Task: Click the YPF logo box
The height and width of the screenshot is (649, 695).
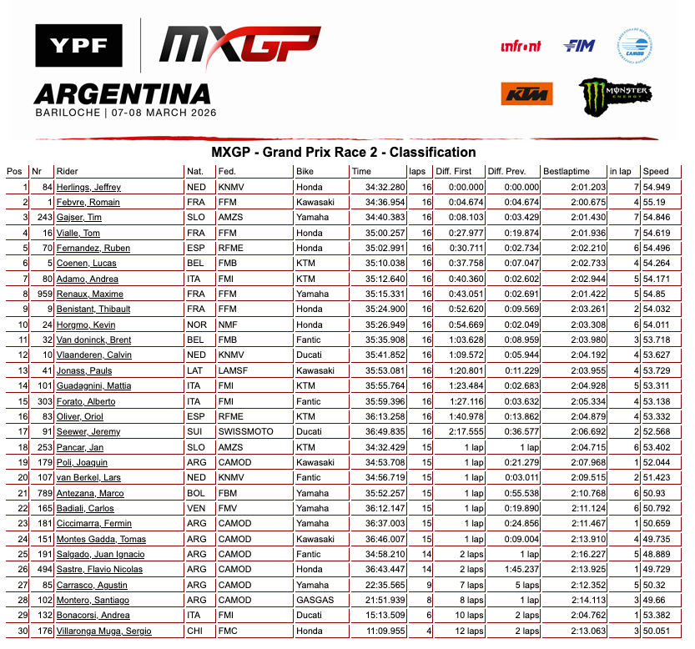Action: click(78, 47)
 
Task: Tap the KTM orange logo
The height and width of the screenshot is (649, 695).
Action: click(527, 93)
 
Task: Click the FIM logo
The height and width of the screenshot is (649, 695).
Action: click(580, 46)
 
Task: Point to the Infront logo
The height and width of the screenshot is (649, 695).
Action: click(521, 47)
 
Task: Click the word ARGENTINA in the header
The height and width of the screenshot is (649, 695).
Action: click(122, 92)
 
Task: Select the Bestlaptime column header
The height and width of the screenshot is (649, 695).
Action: click(568, 171)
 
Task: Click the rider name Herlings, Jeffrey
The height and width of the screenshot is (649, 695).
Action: click(88, 187)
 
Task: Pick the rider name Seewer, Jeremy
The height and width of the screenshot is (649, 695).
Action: click(88, 431)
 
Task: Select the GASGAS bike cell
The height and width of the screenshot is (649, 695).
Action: click(314, 600)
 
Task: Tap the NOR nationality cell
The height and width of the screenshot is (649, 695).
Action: click(196, 324)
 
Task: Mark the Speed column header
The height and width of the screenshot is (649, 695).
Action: click(656, 171)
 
